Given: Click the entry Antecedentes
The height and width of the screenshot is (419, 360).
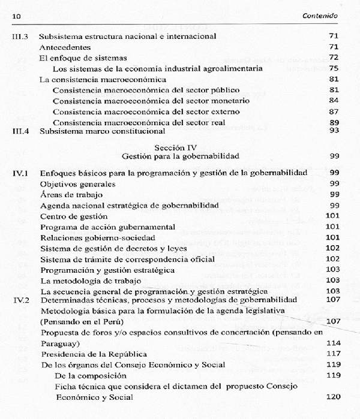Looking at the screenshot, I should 65,47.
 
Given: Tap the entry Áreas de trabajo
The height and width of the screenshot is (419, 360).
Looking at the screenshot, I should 70,195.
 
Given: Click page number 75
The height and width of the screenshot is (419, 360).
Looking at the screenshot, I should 334,68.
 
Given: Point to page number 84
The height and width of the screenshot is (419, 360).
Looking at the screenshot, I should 334,101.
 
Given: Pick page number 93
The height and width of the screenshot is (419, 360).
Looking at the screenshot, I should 334,130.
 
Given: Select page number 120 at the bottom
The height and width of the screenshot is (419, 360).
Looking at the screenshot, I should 332,397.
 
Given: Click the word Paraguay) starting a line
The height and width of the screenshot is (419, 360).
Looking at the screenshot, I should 61,343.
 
